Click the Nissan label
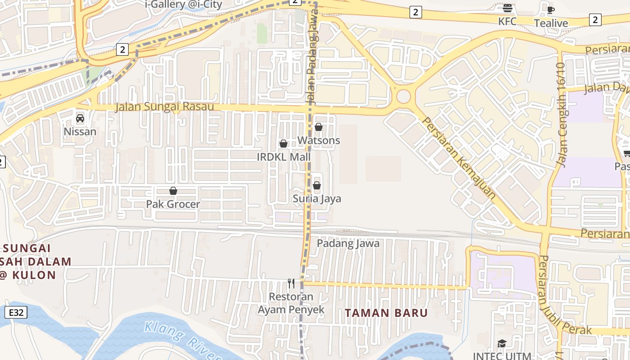(x=80, y=132)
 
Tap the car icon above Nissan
(x=80, y=118)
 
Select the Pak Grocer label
(x=173, y=204)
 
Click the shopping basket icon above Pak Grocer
(x=173, y=191)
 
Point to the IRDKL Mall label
(x=283, y=157)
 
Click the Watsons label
(x=319, y=140)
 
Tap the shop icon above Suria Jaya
(x=317, y=185)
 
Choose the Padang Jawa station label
(x=348, y=243)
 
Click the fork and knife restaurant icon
(x=291, y=283)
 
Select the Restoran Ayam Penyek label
(x=291, y=303)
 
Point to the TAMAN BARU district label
(x=386, y=313)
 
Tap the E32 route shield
(x=16, y=312)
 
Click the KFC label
(x=507, y=21)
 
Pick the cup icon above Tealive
(x=551, y=10)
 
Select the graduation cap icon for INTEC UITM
(x=502, y=344)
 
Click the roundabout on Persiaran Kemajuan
(x=403, y=96)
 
